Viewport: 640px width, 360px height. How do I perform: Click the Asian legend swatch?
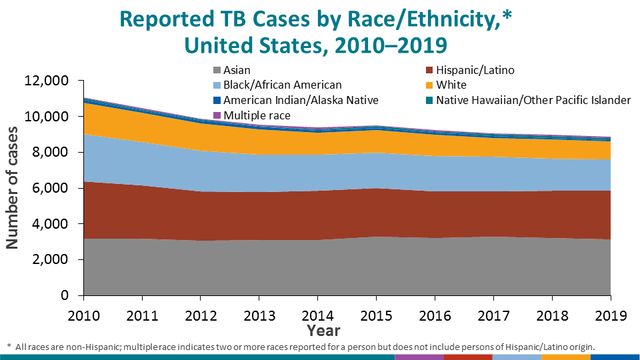pyautogui.click(x=217, y=70)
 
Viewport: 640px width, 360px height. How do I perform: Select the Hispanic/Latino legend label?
pyautogui.click(x=475, y=70)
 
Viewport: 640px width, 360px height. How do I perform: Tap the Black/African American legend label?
pyautogui.click(x=283, y=85)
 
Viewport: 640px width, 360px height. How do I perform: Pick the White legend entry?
pyautogui.click(x=451, y=85)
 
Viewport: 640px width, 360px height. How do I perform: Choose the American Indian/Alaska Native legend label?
pyautogui.click(x=301, y=100)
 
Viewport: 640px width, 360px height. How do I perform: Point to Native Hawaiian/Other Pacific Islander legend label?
pyautogui.click(x=533, y=100)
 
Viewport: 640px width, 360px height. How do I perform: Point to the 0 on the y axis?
pyautogui.click(x=65, y=295)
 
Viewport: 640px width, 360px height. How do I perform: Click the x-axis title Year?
pyautogui.click(x=323, y=330)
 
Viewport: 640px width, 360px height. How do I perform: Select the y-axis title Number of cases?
pyautogui.click(x=13, y=188)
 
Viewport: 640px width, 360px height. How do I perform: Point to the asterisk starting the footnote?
pyautogui.click(x=9, y=347)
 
